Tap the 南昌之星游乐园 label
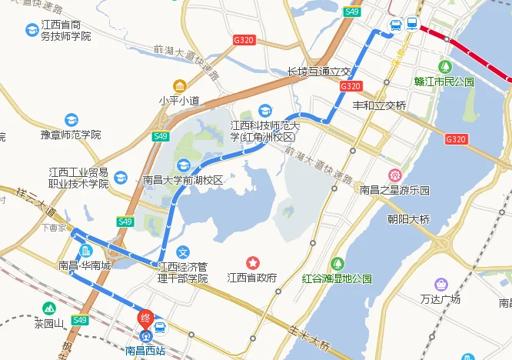(x=395, y=189)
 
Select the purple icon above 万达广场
(x=441, y=285)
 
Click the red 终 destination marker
(x=144, y=317)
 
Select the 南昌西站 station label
(x=145, y=351)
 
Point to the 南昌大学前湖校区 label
(x=183, y=180)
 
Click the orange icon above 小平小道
(x=179, y=85)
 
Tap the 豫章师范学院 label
(x=71, y=135)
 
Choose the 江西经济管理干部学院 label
(x=183, y=272)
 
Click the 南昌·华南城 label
(x=85, y=266)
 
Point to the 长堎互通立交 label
(x=318, y=71)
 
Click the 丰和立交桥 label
(x=379, y=105)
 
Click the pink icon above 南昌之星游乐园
(x=395, y=175)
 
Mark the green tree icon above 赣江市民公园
(x=444, y=67)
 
